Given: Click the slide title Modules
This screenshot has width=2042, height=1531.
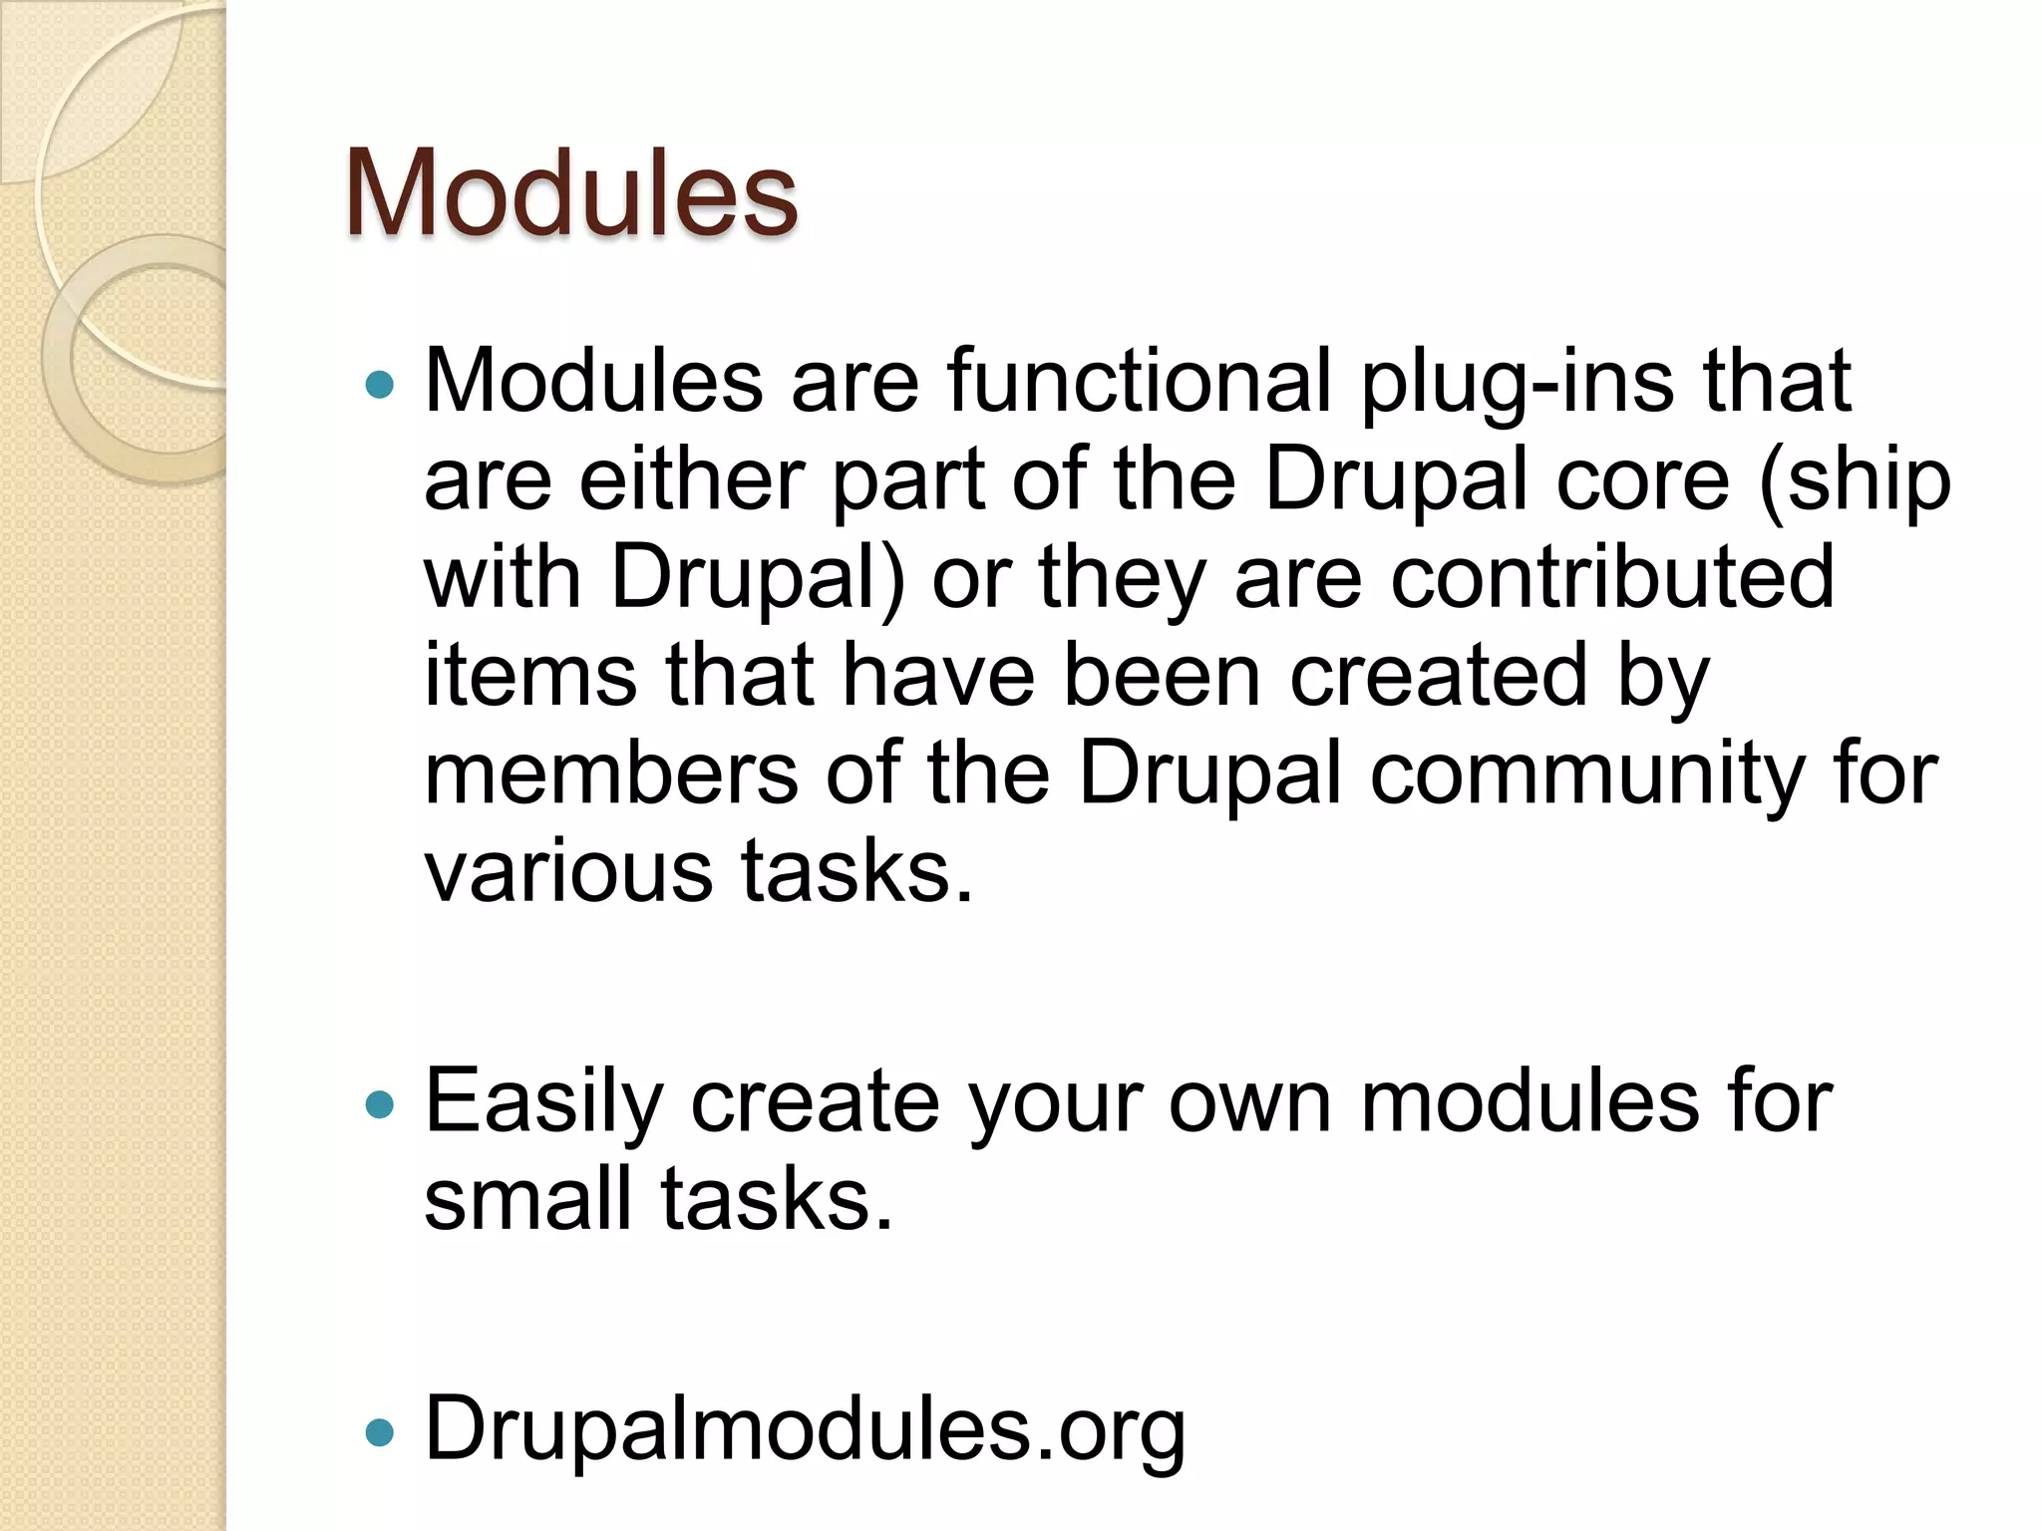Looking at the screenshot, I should click(570, 193).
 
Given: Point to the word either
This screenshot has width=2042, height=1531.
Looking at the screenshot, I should click(690, 479).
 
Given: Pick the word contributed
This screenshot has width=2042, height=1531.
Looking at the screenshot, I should click(1612, 578).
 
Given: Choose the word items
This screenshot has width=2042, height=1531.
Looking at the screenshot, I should click(529, 676).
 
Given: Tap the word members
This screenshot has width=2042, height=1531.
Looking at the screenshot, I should click(610, 773).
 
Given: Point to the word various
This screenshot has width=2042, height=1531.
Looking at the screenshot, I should click(567, 871).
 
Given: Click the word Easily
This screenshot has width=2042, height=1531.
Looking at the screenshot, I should click(543, 1103).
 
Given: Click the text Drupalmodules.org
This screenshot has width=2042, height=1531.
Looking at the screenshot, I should click(805, 1430).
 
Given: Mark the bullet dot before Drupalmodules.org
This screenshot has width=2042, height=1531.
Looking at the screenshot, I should click(380, 1433).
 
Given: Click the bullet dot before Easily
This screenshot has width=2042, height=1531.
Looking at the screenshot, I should click(380, 1105).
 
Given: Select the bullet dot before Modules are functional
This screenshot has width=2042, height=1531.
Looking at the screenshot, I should click(380, 384).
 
